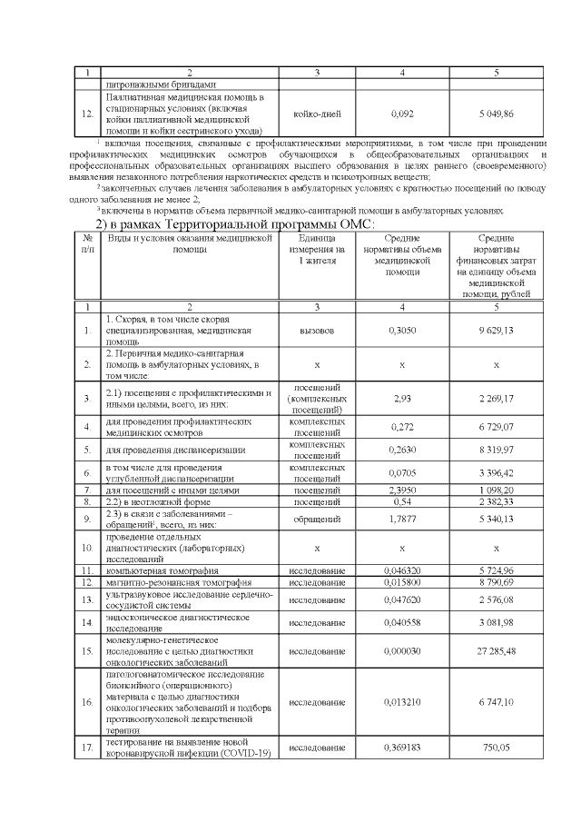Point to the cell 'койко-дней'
click(x=317, y=114)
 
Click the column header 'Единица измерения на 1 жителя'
click(x=317, y=249)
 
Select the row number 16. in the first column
click(x=87, y=702)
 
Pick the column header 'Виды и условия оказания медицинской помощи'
click(x=190, y=243)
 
